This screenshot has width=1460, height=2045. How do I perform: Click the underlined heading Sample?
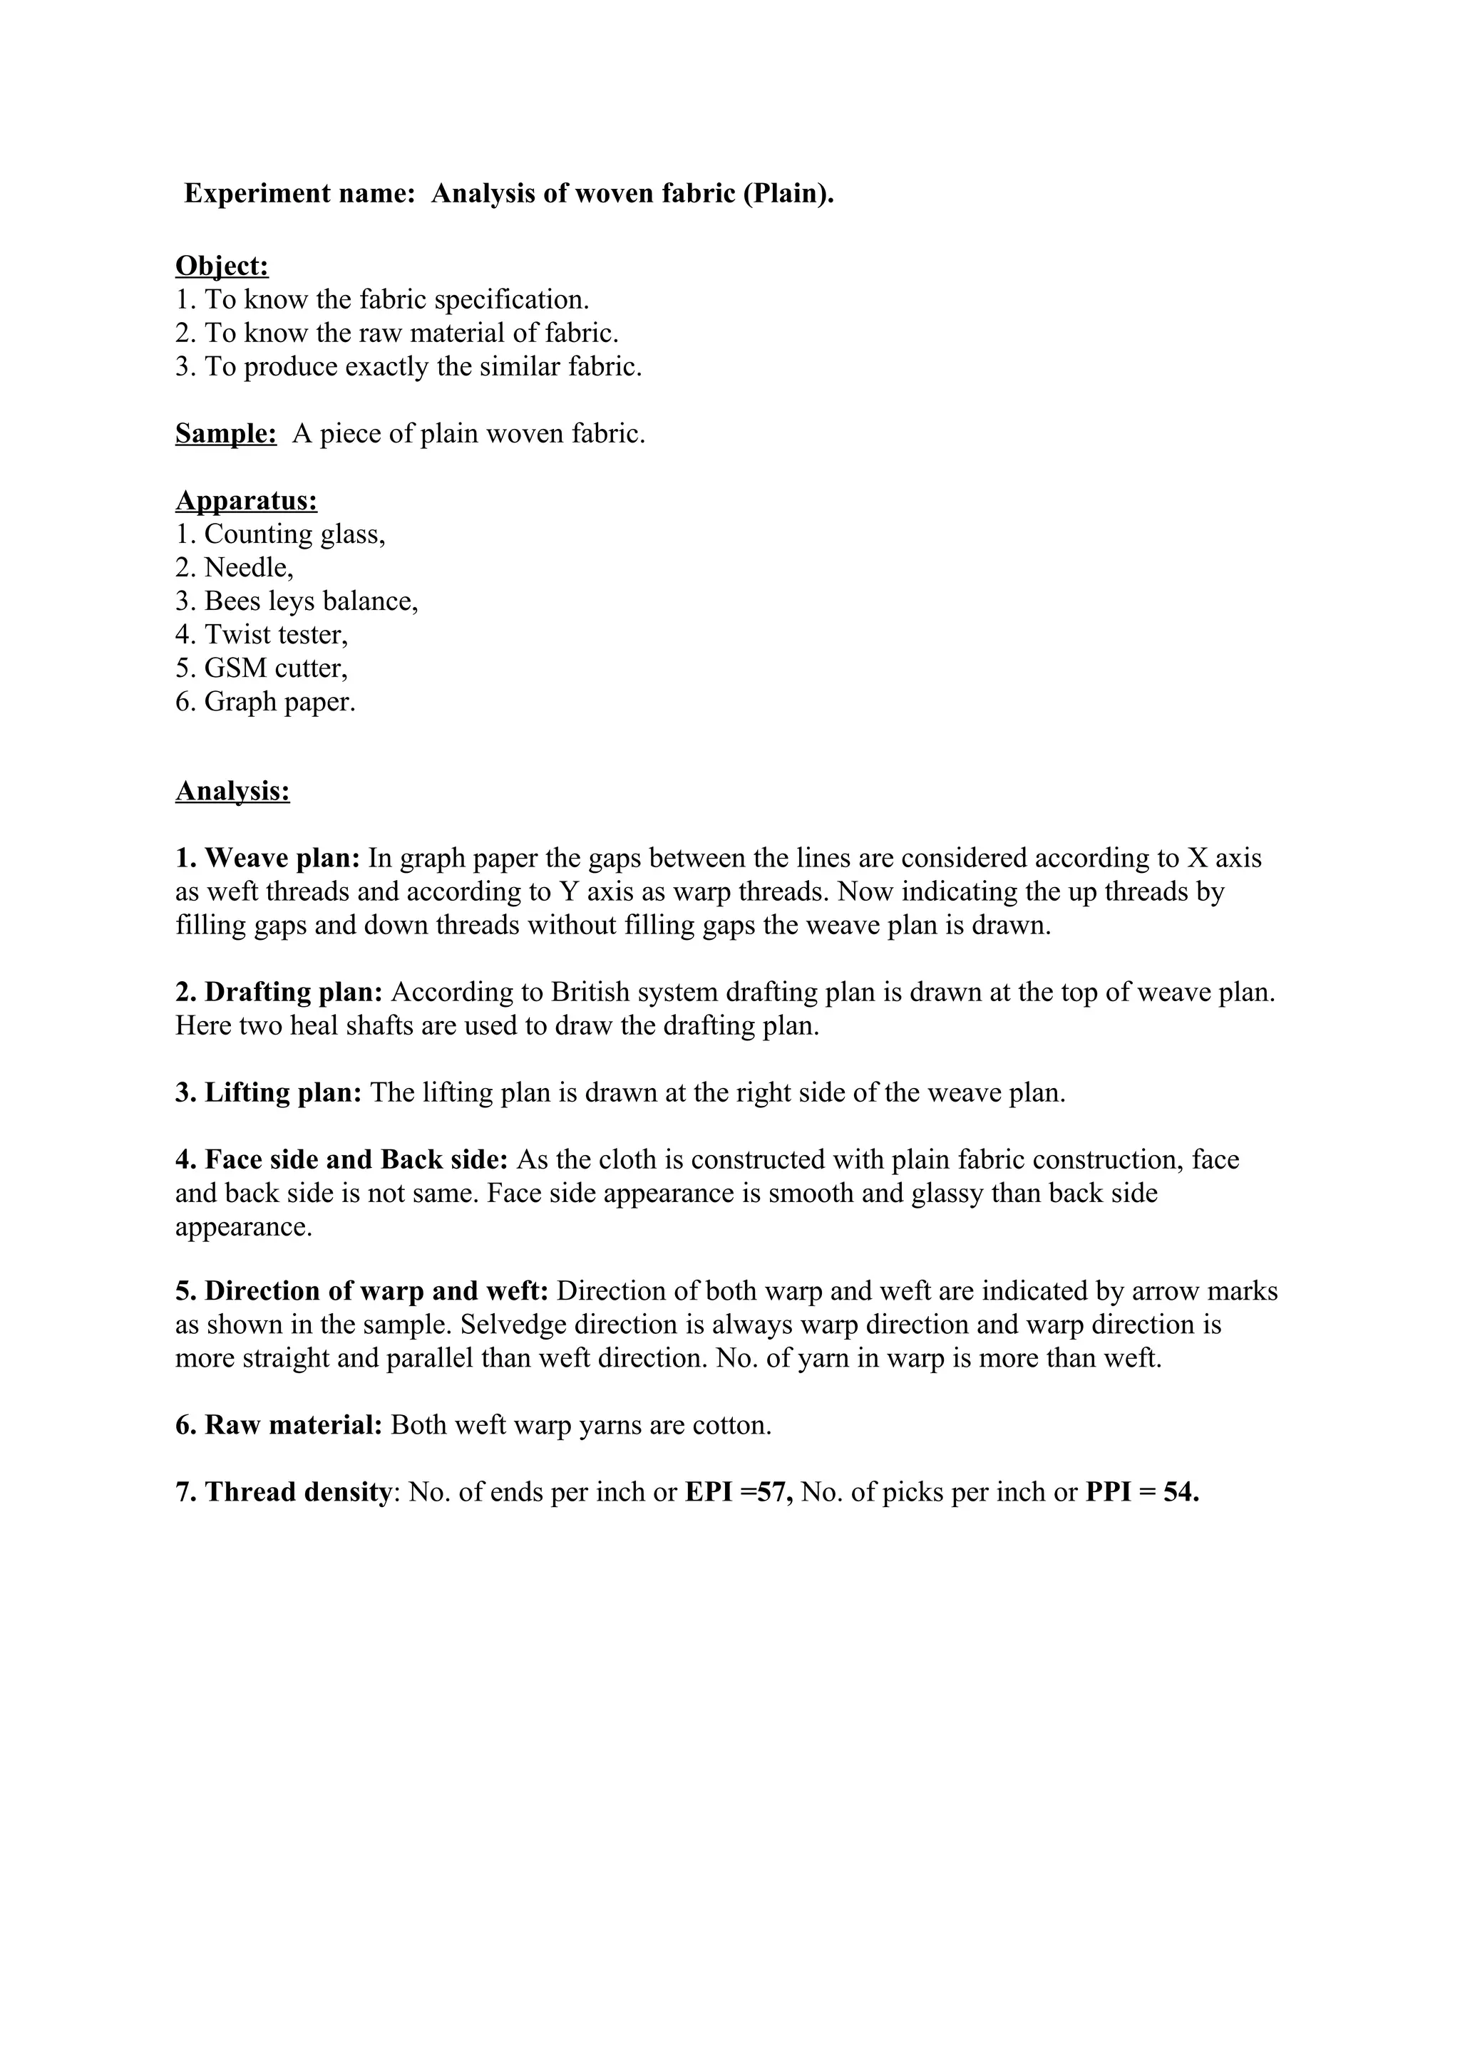[x=226, y=434]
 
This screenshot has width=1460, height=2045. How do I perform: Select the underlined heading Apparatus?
[x=247, y=500]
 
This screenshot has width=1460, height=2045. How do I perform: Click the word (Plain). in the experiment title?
[x=788, y=194]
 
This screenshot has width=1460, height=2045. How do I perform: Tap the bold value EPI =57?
[x=738, y=1493]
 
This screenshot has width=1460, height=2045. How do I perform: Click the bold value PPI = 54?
[x=1142, y=1493]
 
